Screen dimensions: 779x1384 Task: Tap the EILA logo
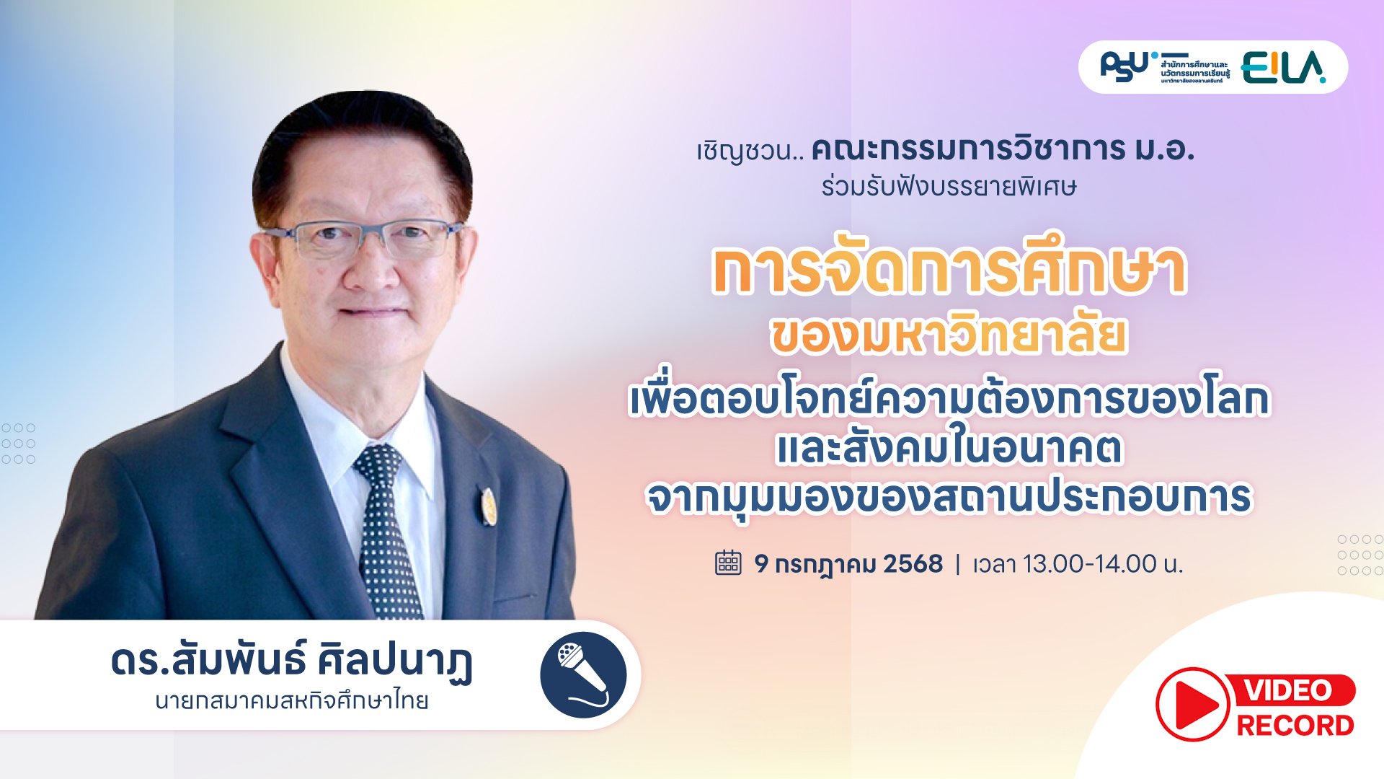tap(1283, 68)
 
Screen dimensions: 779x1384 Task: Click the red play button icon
tap(1192, 705)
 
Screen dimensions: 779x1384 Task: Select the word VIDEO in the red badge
tap(1289, 690)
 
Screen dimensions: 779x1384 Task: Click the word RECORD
tap(1295, 726)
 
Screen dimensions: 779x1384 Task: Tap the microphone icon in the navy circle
tap(583, 675)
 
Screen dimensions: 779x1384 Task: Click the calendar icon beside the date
tap(728, 563)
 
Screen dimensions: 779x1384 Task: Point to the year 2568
tap(913, 563)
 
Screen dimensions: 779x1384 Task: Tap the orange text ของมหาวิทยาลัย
tap(949, 336)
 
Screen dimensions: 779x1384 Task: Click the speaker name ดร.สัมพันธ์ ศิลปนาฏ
tap(292, 661)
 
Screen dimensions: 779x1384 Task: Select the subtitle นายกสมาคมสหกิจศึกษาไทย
tap(292, 701)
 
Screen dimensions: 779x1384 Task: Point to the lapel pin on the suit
tap(489, 506)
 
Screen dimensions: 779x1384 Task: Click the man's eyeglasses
tap(364, 239)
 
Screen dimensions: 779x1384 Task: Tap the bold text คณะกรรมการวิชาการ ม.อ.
tap(1003, 149)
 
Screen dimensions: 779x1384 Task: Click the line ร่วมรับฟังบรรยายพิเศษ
tap(949, 188)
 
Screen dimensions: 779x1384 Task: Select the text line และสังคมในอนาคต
tap(949, 449)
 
